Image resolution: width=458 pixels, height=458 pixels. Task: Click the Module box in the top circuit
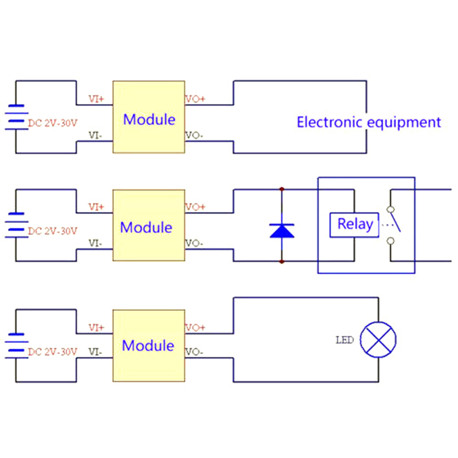(149, 117)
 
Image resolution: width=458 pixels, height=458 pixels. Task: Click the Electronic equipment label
(369, 122)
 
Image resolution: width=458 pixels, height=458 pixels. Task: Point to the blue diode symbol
(282, 230)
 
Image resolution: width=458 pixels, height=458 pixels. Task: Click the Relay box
(355, 224)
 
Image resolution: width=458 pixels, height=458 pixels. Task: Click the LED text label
(344, 340)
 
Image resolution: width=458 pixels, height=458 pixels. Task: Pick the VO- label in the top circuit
(195, 136)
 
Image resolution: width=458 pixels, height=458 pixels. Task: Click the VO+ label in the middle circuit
(195, 207)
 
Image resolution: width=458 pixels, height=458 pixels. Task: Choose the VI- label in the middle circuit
(96, 243)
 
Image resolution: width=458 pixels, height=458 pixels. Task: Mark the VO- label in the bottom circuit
(195, 352)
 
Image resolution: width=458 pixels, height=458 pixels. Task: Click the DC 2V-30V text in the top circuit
(53, 122)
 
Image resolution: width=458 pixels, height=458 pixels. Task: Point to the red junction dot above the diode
(282, 188)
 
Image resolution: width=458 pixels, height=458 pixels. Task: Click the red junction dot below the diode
(282, 262)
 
